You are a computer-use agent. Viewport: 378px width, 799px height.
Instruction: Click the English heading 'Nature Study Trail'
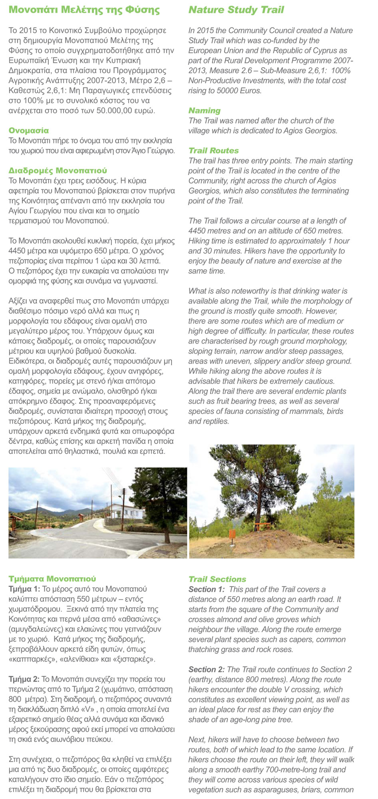click(x=236, y=10)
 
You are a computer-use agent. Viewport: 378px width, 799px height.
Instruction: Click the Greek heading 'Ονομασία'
click(x=29, y=131)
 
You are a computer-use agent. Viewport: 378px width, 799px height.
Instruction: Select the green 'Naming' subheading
click(x=204, y=111)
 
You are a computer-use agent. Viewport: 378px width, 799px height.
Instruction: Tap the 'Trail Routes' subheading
click(x=213, y=151)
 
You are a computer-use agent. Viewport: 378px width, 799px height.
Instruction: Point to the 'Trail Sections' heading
click(x=217, y=579)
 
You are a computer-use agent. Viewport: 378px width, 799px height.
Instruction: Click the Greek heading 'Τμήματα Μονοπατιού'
click(x=52, y=579)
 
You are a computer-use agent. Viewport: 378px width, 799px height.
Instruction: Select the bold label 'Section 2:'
click(x=206, y=670)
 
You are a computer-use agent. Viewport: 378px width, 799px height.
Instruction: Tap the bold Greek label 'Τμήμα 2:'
click(x=24, y=679)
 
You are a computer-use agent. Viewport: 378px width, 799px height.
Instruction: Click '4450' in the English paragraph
click(x=198, y=231)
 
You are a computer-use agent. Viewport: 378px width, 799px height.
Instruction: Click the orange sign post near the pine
click(x=232, y=535)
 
